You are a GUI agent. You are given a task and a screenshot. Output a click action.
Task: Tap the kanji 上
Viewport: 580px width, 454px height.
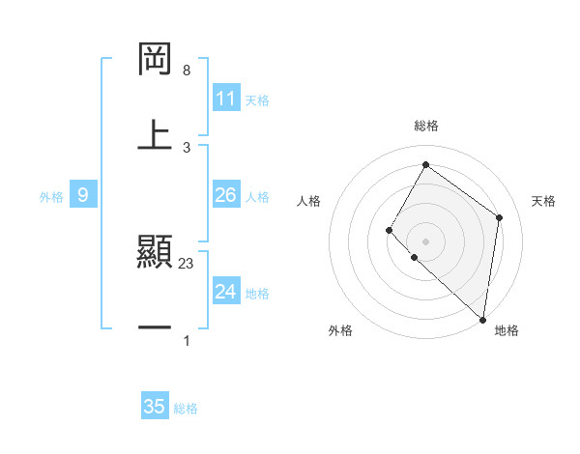point(156,134)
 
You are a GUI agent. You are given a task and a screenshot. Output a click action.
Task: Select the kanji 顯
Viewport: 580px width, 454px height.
point(156,253)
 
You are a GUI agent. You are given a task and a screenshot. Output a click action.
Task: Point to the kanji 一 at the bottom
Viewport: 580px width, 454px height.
point(156,328)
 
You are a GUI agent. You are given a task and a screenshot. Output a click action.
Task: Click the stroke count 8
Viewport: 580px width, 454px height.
point(187,71)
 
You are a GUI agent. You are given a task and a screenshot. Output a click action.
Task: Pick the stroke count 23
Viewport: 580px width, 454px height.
point(188,264)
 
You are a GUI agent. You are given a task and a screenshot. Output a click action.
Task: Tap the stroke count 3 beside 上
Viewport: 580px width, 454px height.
point(187,146)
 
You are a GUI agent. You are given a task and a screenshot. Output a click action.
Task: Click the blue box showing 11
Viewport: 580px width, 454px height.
point(225,99)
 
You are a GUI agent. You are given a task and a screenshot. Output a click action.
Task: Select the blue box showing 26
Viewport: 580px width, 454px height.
point(225,195)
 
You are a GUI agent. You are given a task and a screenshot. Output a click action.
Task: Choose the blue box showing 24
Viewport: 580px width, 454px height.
point(225,292)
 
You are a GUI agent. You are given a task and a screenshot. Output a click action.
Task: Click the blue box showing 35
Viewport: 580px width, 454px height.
point(154,407)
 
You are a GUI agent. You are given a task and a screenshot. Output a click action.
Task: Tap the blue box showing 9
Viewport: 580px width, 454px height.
point(83,195)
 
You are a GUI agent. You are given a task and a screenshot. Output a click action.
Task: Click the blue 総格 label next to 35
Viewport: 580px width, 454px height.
point(186,409)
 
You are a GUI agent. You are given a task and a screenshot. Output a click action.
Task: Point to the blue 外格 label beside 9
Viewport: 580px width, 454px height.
point(51,197)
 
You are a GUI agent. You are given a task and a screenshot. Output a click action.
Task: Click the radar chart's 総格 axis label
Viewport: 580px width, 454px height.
point(425,126)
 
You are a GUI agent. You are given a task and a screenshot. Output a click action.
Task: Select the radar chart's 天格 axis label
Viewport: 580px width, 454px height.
point(543,201)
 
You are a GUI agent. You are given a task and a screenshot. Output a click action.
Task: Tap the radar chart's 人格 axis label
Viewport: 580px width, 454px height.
point(308,201)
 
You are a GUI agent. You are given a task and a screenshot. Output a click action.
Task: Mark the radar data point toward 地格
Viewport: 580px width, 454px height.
point(482,319)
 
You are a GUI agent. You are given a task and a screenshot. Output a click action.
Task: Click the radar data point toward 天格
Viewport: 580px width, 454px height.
point(499,217)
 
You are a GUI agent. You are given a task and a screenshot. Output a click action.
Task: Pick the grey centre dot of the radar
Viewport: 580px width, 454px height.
point(425,241)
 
